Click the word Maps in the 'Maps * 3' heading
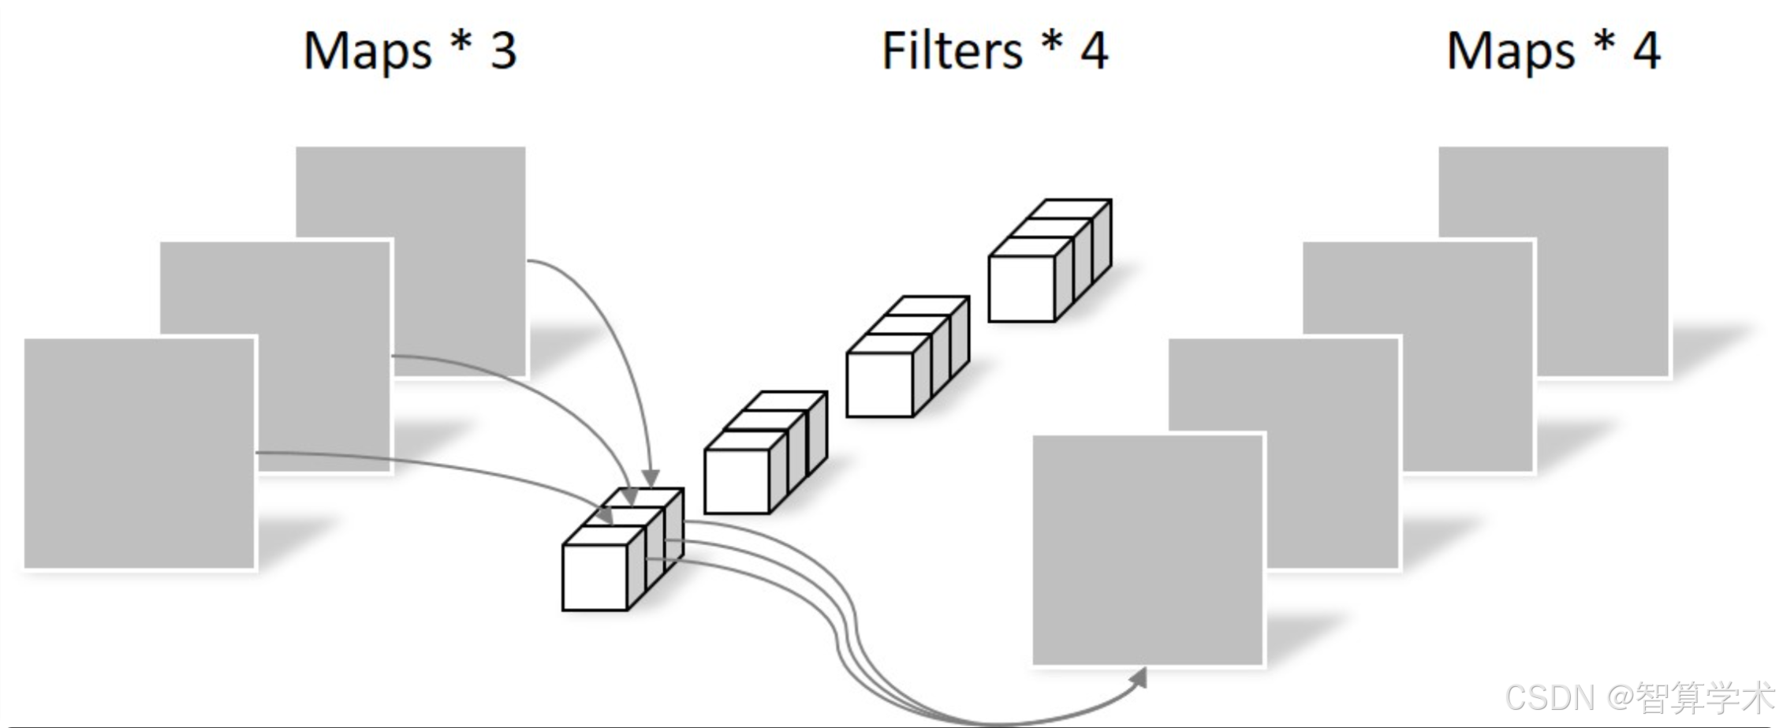coord(367,52)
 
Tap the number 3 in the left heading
coord(503,50)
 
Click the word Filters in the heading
coord(951,50)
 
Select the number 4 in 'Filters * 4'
coord(1094,50)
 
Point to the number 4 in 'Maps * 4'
coord(1647,50)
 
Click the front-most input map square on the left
coord(140,453)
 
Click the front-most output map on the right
coord(1148,550)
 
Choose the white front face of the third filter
coord(879,384)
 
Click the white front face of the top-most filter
coord(1021,289)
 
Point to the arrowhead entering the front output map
coord(1139,678)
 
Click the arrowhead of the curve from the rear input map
coord(651,478)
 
